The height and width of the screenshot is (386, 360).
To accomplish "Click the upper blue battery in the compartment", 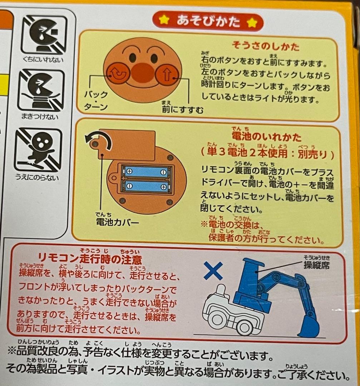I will click(x=144, y=172).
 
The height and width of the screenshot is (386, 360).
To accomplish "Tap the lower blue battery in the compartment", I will click(x=144, y=186).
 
